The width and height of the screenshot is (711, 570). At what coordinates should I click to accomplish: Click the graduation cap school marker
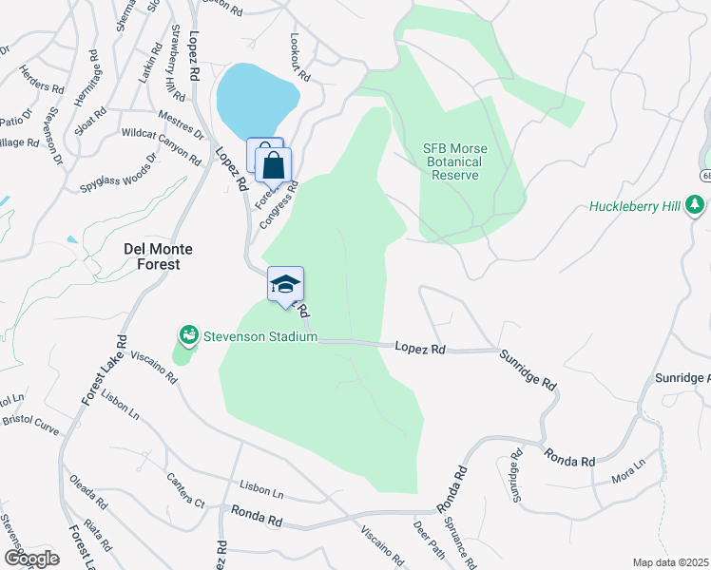point(285,284)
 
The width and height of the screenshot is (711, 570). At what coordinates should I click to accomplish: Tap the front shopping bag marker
point(274,166)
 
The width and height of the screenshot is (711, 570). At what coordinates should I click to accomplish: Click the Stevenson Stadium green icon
point(189,336)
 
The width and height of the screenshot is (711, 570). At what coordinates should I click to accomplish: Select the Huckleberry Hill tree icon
point(695,205)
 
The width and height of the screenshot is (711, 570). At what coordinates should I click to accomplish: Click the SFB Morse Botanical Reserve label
point(453,161)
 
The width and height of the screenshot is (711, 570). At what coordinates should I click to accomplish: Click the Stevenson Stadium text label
point(258,337)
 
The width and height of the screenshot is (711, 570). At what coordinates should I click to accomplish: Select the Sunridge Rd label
point(528,369)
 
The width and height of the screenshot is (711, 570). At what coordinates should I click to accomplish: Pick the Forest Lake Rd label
point(104,371)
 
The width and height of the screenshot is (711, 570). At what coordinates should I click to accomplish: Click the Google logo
point(31,559)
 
